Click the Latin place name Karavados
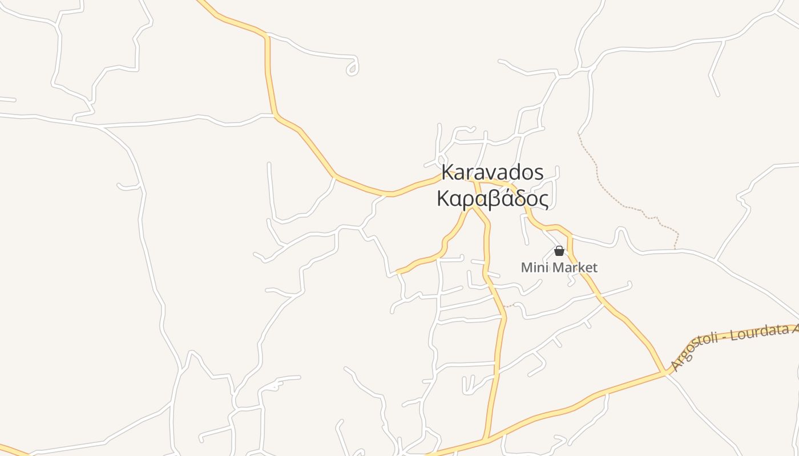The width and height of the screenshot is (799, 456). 493,173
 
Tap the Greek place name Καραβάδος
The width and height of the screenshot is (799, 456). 493,199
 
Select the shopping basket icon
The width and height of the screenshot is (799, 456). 559,251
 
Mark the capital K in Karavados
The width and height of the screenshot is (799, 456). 449,173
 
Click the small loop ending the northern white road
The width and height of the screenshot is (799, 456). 353,69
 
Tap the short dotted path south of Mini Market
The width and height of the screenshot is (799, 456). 509,306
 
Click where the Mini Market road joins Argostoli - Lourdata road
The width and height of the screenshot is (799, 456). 665,373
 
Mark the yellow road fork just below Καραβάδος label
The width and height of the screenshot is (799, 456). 473,207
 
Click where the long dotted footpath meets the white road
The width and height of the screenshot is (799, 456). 675,249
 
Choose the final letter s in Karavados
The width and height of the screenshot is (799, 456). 538,173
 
